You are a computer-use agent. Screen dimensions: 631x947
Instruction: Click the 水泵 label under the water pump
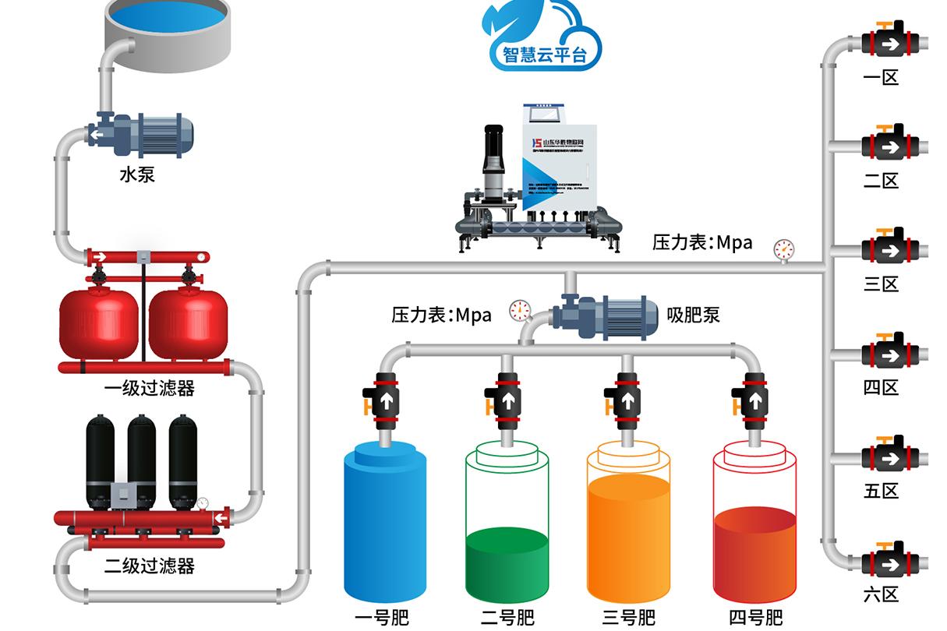(137, 174)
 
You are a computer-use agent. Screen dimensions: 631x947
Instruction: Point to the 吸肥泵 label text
(693, 315)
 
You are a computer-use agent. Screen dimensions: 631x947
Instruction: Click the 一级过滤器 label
(150, 388)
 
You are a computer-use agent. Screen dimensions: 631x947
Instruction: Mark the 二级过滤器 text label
(150, 566)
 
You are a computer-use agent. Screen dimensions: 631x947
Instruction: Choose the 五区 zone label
(882, 491)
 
